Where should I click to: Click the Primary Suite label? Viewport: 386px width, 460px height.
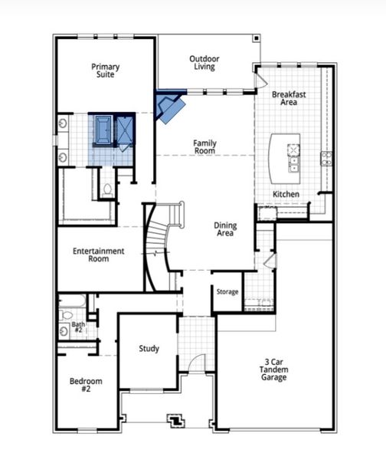tap(106, 71)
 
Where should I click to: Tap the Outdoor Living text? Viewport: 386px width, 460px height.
tap(204, 62)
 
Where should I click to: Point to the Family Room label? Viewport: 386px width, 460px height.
tap(204, 146)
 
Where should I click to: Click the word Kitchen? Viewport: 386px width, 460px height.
tap(286, 194)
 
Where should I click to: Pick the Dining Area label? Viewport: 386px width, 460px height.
tap(224, 229)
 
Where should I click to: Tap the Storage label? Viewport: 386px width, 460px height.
tap(227, 292)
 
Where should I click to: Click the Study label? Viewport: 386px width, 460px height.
tap(149, 349)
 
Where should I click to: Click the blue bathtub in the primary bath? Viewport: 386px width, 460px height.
tap(103, 130)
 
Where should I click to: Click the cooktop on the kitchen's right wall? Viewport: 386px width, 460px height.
tap(326, 158)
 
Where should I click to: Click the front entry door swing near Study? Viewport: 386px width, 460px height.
tap(197, 363)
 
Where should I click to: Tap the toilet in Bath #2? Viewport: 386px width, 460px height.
tap(66, 314)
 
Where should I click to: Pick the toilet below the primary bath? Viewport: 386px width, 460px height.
tap(107, 188)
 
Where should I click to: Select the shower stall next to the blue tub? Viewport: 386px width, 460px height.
tap(126, 129)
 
